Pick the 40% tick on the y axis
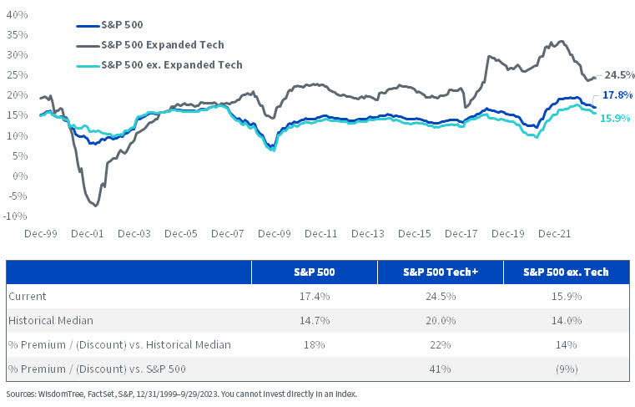17,16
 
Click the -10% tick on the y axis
15,216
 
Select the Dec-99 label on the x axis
39,236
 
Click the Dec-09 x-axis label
275,236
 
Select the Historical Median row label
52,320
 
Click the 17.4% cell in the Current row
314,296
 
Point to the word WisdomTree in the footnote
57,394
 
